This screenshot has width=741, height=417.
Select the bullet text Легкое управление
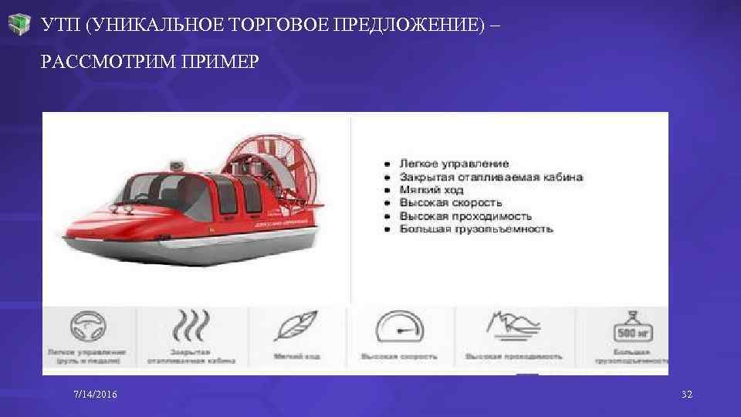pos(454,164)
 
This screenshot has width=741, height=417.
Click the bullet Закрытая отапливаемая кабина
pos(491,177)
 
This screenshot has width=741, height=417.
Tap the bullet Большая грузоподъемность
pos(475,229)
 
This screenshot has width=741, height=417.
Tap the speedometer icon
pos(399,327)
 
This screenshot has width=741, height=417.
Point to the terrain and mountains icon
pos(513,326)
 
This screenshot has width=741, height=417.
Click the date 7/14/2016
pos(96,395)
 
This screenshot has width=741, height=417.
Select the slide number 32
pos(687,395)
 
